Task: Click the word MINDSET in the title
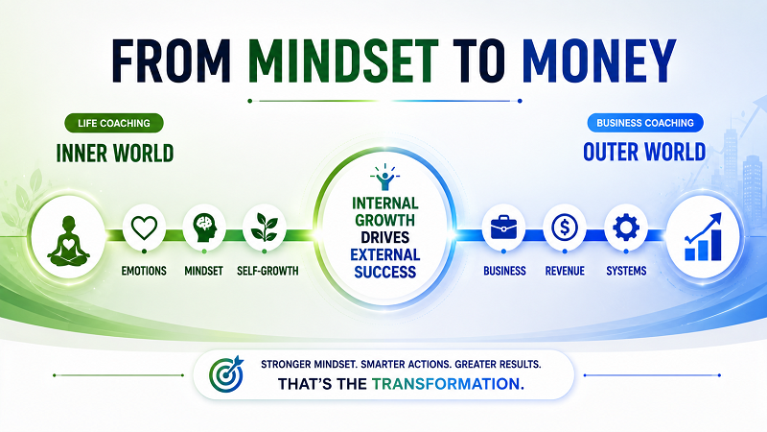(x=343, y=60)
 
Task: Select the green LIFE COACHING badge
(x=114, y=123)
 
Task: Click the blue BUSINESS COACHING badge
(x=645, y=123)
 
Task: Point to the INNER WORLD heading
(x=115, y=154)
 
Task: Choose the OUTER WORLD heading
(x=644, y=152)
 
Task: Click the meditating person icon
(x=68, y=241)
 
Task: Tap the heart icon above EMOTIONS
(x=145, y=228)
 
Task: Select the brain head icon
(x=204, y=228)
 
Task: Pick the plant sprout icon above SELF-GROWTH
(x=265, y=228)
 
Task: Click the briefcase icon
(x=503, y=228)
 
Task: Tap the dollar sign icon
(x=565, y=228)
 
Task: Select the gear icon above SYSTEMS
(x=626, y=228)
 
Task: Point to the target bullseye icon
(x=226, y=373)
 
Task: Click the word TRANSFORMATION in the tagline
(x=448, y=383)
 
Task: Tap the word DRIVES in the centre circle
(x=385, y=237)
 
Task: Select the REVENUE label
(x=565, y=271)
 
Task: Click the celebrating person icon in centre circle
(x=385, y=178)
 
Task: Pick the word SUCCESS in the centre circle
(x=385, y=272)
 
